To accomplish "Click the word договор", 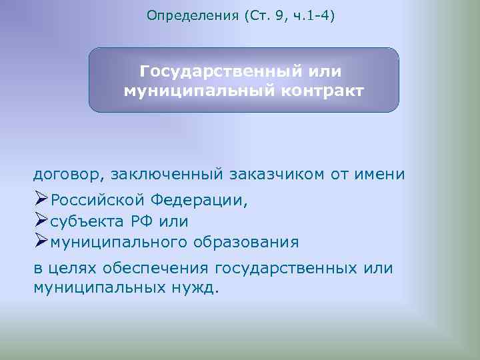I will tap(65, 175).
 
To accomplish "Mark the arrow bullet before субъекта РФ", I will tap(41, 220).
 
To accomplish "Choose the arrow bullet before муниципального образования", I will tap(41, 241).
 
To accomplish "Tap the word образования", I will tap(247, 241).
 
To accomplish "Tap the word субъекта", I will tap(85, 221).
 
